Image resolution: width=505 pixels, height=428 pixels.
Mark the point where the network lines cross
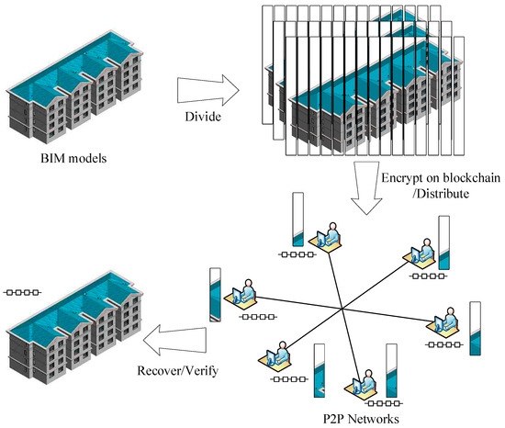pos(343,306)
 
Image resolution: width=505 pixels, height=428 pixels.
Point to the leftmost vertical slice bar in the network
pos(215,293)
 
